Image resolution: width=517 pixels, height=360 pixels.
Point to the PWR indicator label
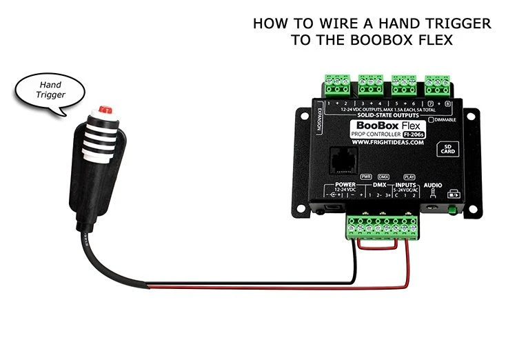366,177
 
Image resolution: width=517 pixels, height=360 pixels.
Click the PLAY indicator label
409,177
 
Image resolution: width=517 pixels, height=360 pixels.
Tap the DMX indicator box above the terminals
384,177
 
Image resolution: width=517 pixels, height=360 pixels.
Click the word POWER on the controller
344,186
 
